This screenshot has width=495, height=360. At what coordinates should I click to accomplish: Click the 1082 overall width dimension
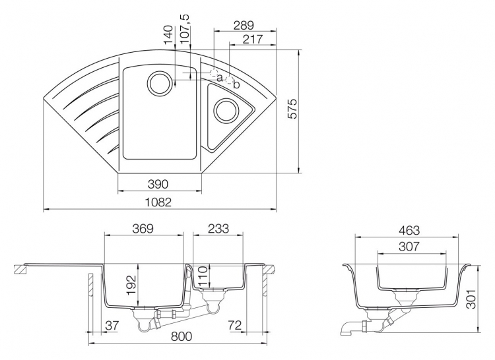(x=158, y=202)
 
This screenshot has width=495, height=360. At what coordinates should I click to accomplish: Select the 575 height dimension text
(x=293, y=109)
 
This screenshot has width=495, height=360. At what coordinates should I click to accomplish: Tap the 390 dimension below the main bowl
(x=158, y=184)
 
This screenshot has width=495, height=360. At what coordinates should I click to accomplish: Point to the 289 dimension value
(x=244, y=25)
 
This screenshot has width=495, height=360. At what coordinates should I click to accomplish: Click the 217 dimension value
(x=253, y=40)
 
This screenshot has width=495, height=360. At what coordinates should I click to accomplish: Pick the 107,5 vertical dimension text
(x=185, y=29)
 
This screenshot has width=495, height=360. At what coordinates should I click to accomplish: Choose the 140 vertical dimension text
(x=168, y=34)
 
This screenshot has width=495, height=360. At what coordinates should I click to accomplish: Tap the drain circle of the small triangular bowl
(x=226, y=110)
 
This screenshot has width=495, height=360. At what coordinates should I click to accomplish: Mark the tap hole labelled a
(x=214, y=73)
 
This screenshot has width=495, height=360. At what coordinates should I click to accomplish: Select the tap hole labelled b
(x=230, y=80)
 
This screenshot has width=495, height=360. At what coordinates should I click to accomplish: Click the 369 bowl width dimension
(x=143, y=229)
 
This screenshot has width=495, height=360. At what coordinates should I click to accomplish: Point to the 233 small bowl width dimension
(x=218, y=229)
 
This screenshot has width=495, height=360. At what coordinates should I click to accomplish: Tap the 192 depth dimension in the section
(x=131, y=285)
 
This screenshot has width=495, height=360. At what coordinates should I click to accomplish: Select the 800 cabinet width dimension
(x=181, y=336)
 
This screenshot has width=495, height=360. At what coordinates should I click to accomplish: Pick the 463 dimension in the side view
(x=409, y=230)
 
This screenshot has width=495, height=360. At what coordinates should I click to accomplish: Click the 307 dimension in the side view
(x=409, y=247)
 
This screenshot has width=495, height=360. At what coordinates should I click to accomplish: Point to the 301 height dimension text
(x=471, y=299)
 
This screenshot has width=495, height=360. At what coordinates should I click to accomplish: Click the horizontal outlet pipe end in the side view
(x=343, y=330)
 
